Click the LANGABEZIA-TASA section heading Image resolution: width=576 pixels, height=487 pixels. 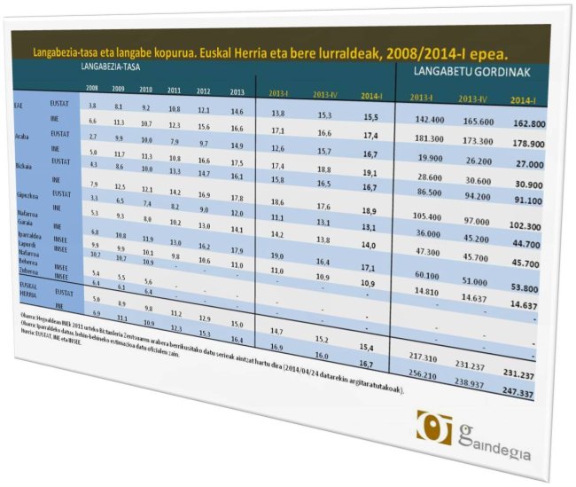[114, 67]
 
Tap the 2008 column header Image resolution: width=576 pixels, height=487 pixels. [92, 88]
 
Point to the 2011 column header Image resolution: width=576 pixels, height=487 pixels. [174, 90]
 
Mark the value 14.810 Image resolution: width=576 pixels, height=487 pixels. [427, 289]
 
